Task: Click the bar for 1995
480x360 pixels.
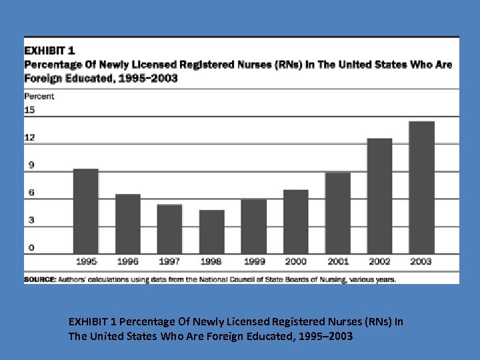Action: coord(85,211)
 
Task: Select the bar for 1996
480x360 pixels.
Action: coord(127,223)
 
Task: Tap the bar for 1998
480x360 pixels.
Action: coord(211,231)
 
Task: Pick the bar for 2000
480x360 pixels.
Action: coord(295,221)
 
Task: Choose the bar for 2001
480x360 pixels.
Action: coord(337,213)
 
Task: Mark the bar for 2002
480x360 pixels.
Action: coord(379,195)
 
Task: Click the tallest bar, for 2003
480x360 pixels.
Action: coord(421,187)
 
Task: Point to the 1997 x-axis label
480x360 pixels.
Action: coord(169,262)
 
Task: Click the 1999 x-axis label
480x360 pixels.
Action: coord(253,262)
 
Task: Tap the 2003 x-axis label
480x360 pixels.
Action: coord(421,262)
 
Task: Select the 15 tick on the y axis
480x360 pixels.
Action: coord(29,110)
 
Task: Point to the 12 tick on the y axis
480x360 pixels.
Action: coord(29,137)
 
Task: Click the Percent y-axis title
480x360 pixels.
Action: coord(39,96)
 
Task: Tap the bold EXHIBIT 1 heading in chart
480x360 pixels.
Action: coord(50,50)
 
